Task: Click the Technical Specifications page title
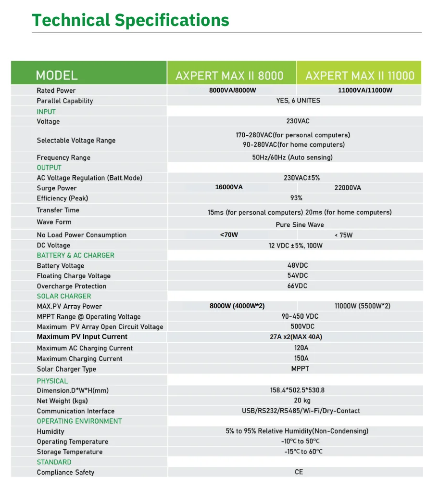130,20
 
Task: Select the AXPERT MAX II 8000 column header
229,76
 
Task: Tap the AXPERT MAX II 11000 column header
359,76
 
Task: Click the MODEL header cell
57,76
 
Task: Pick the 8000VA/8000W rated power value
233,91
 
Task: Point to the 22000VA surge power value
347,188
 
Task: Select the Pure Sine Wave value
300,225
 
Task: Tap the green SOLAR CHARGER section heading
64,296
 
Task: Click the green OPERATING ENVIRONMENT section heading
79,421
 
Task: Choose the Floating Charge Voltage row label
74,276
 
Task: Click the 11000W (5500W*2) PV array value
362,306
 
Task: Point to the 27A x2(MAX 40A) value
296,337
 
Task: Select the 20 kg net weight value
302,401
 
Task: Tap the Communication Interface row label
75,411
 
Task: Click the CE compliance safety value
299,472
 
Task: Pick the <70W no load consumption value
229,235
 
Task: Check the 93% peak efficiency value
296,198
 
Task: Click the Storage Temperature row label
70,452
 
